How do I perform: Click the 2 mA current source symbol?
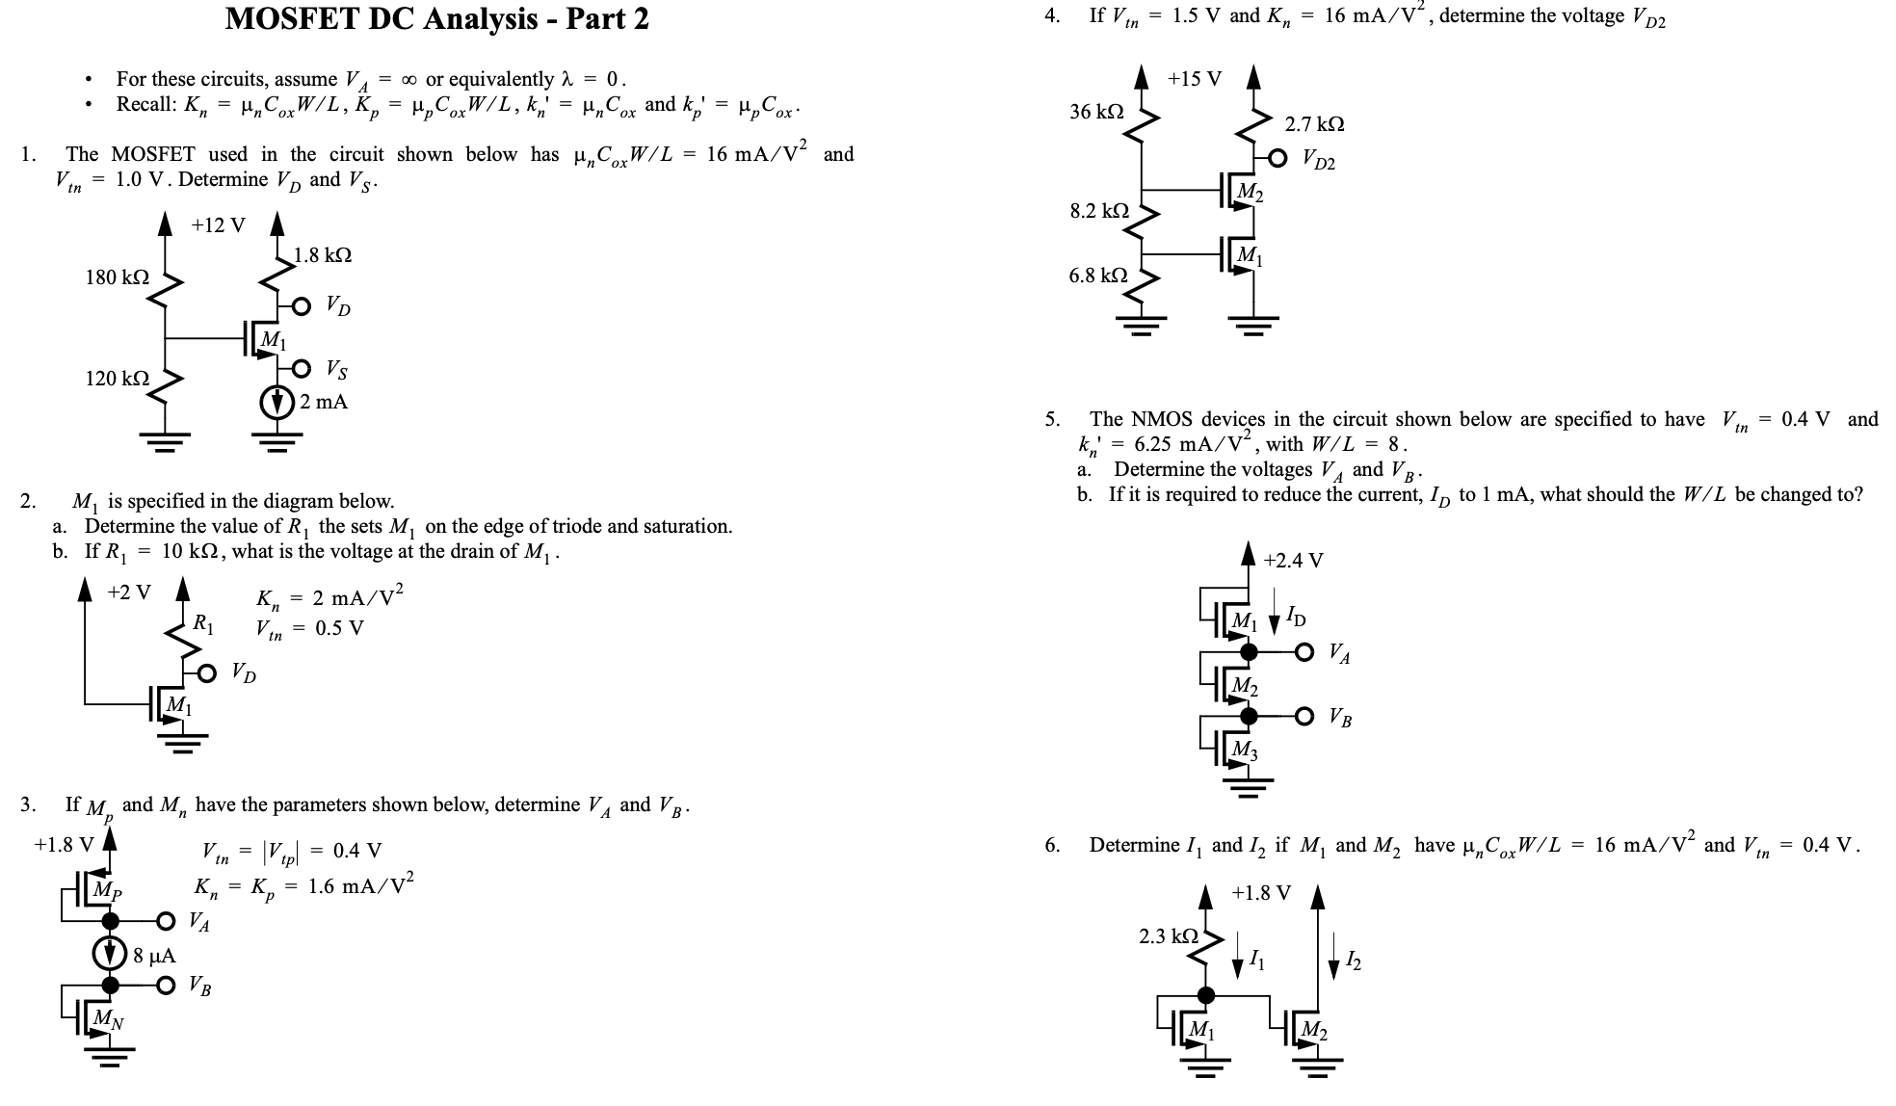(278, 402)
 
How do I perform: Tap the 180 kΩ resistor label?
(117, 277)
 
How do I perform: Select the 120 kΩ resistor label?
(117, 379)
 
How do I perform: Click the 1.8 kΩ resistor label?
(323, 255)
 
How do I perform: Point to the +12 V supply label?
(218, 225)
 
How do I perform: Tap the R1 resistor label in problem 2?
(203, 623)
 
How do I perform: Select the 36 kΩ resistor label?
(1096, 112)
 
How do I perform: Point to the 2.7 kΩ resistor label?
(1314, 124)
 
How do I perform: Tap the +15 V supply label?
(1195, 79)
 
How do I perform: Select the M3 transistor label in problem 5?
(1246, 749)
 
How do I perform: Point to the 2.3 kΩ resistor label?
(1169, 935)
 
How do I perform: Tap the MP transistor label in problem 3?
(108, 891)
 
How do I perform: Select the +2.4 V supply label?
(1293, 560)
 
